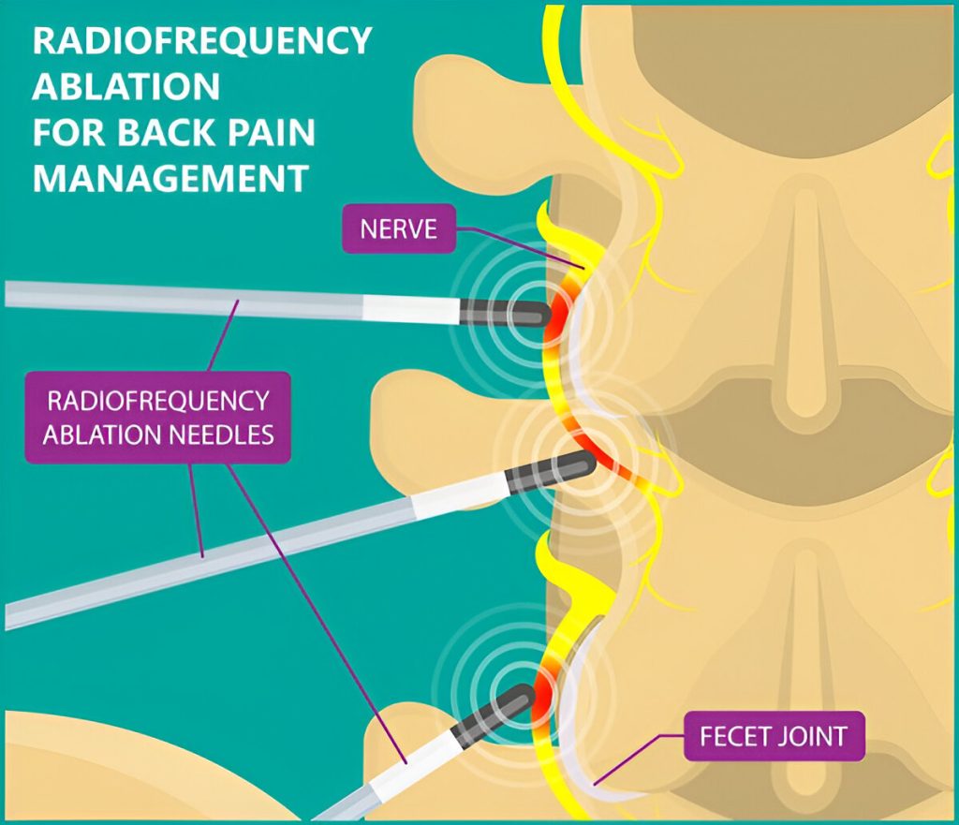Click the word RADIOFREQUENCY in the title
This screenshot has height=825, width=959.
[x=202, y=42]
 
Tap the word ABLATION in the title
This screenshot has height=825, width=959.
[x=126, y=87]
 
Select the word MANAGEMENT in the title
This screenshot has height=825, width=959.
[x=170, y=176]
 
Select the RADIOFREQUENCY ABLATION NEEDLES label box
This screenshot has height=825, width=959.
[x=158, y=418]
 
